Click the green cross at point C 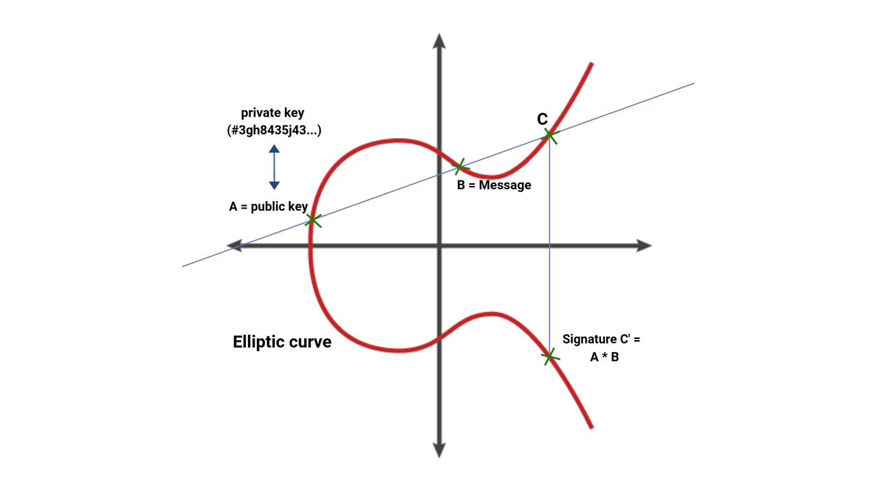[549, 136]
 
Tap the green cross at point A [312, 220]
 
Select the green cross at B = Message [460, 166]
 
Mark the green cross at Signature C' [549, 357]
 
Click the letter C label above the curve [543, 119]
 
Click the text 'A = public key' [268, 207]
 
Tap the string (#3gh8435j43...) [274, 130]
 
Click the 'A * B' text [604, 357]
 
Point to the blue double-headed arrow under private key [274, 167]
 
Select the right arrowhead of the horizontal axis [643, 246]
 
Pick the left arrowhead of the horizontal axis [236, 246]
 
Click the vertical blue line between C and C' [549, 247]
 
